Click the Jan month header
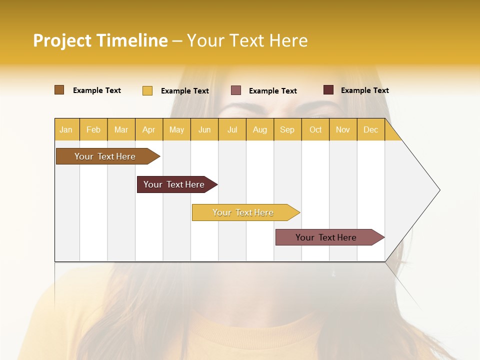tap(66, 129)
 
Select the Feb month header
tap(93, 129)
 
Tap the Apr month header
tap(148, 129)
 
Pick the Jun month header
tap(204, 129)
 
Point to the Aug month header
tap(259, 129)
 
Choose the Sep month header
tap(287, 129)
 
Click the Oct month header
tap(315, 129)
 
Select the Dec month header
tap(370, 129)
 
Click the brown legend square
tap(59, 90)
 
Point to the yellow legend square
tap(147, 90)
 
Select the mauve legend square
tap(236, 90)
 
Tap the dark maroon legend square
tap(328, 90)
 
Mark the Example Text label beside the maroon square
tap(364, 90)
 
